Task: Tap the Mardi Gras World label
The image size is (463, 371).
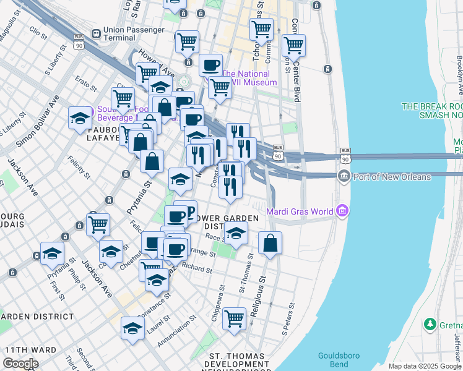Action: pos(300,211)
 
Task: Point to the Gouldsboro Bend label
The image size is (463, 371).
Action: pos(339,360)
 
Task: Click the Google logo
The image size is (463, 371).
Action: pos(20,364)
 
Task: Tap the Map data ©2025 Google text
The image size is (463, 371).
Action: pos(425,366)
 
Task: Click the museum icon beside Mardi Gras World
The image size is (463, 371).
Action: pos(342,211)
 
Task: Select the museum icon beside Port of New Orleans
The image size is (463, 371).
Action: pos(344,177)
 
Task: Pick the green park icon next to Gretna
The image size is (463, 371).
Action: pos(430,324)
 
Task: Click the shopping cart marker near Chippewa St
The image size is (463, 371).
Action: pos(234,319)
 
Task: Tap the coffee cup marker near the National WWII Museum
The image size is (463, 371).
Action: pos(210,65)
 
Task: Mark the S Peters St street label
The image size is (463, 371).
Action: pos(287,325)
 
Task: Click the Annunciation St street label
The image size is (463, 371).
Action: pos(176,330)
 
